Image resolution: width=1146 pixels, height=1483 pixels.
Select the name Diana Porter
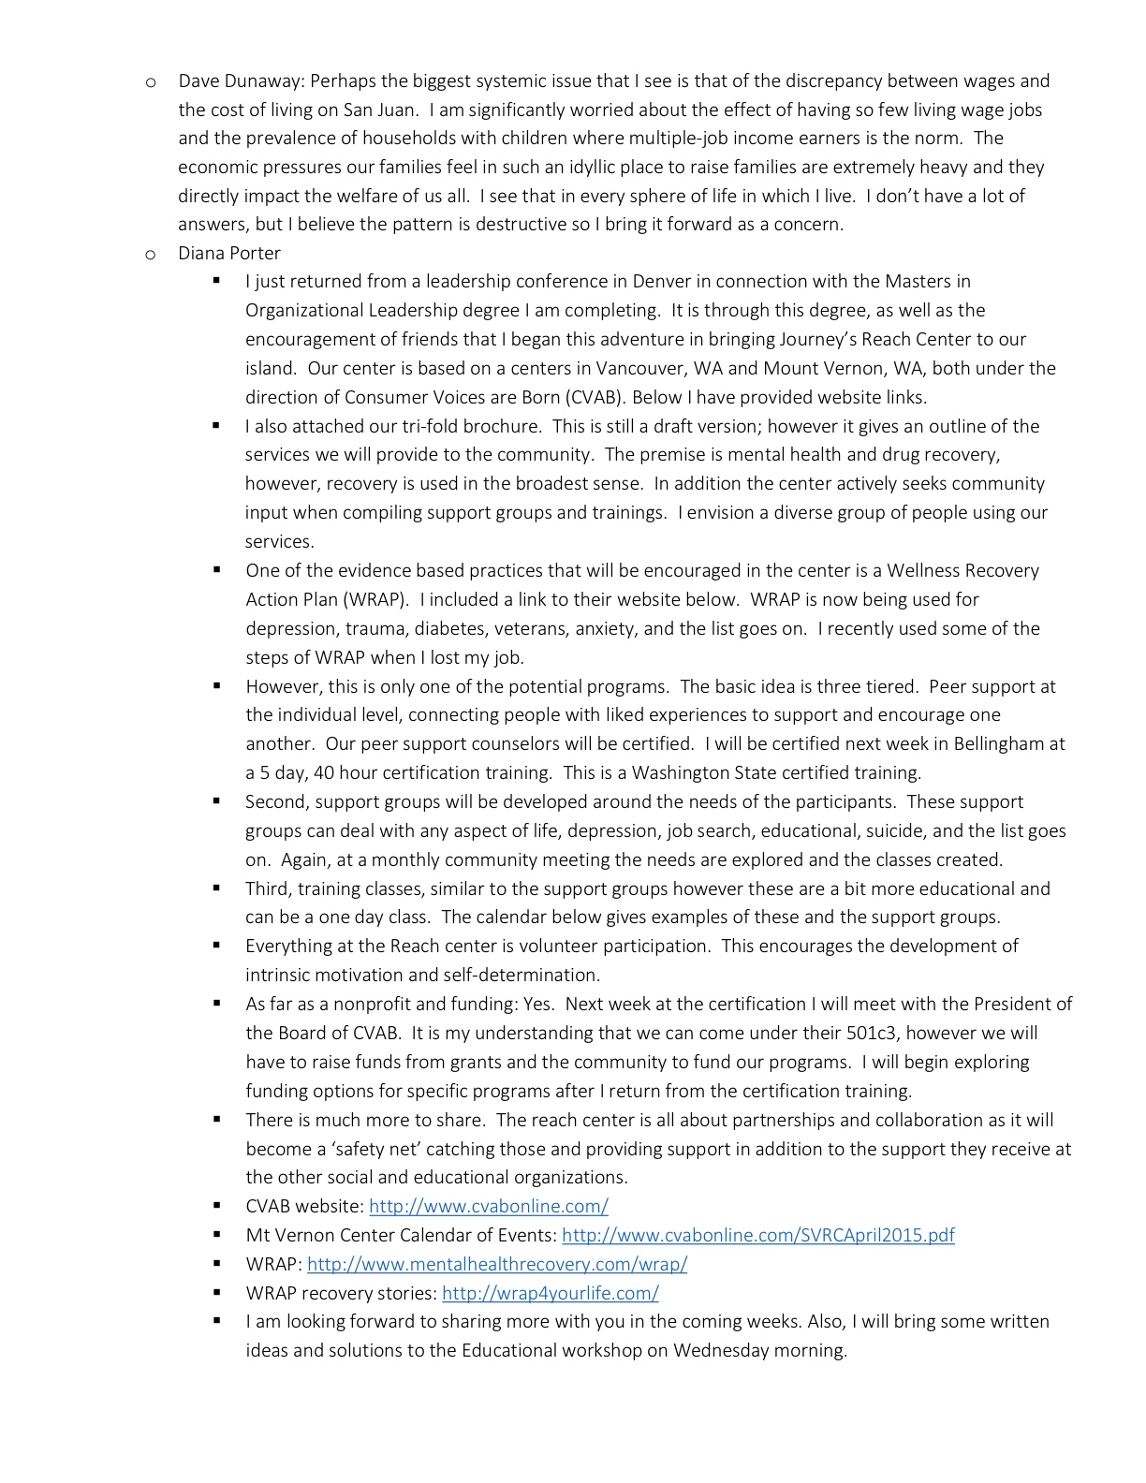click(x=229, y=254)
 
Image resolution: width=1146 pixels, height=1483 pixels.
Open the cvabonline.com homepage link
click(x=488, y=1207)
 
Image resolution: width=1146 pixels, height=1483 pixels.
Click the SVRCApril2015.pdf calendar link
click(x=757, y=1236)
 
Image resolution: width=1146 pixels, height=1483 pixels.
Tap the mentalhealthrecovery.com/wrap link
click(x=496, y=1265)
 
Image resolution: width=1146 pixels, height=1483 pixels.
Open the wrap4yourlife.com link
click(x=550, y=1294)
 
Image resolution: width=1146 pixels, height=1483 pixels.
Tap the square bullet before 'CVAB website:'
click(x=216, y=1206)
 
